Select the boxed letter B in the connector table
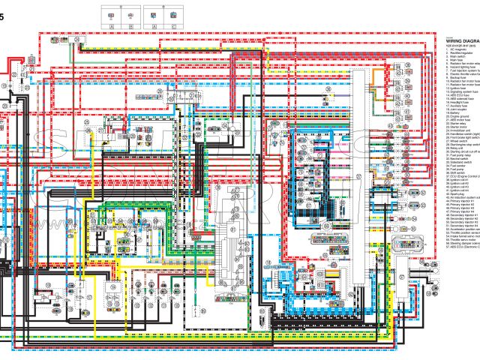pyautogui.click(x=132, y=26)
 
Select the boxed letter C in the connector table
pyautogui.click(x=173, y=26)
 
